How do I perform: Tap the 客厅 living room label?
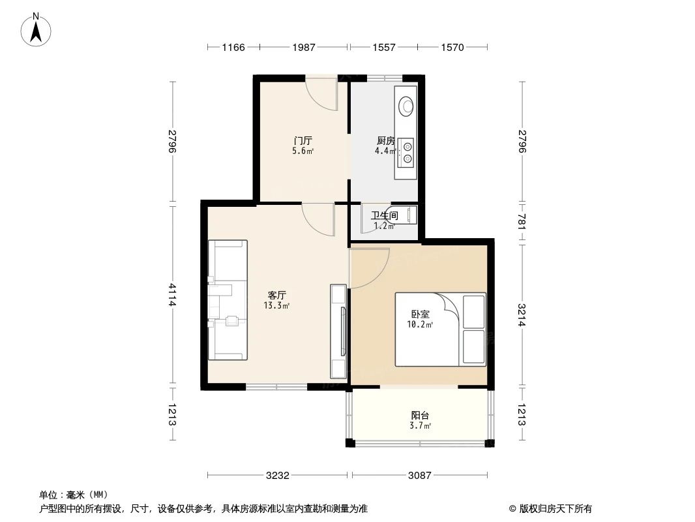click(278, 294)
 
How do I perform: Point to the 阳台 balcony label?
click(420, 415)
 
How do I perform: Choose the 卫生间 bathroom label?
click(384, 215)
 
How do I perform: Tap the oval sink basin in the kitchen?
click(407, 105)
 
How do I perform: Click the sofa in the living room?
click(228, 300)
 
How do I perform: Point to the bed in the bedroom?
click(440, 329)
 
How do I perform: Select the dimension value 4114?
click(172, 294)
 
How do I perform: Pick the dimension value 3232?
click(278, 476)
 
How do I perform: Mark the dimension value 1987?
click(304, 47)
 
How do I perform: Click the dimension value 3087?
click(420, 476)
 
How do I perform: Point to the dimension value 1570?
click(452, 47)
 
